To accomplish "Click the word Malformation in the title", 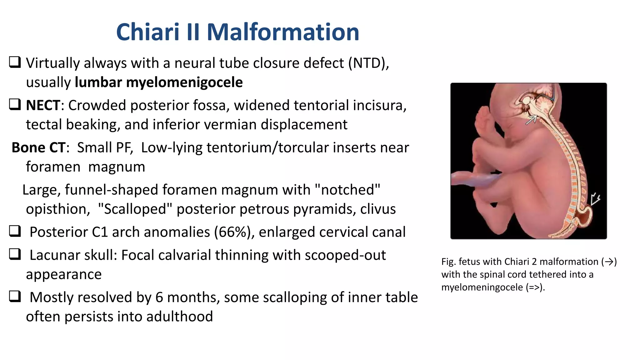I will (x=283, y=32).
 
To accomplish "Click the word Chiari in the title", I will (x=148, y=32).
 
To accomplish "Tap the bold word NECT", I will (x=43, y=105).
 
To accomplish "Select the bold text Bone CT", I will (x=39, y=147).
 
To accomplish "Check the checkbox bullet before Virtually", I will (x=15, y=62).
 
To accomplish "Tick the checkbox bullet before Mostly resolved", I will (x=15, y=296).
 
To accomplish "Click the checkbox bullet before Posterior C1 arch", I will (x=15, y=231).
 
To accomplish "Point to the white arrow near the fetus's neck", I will (x=531, y=120).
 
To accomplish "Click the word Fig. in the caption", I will (x=448, y=262).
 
